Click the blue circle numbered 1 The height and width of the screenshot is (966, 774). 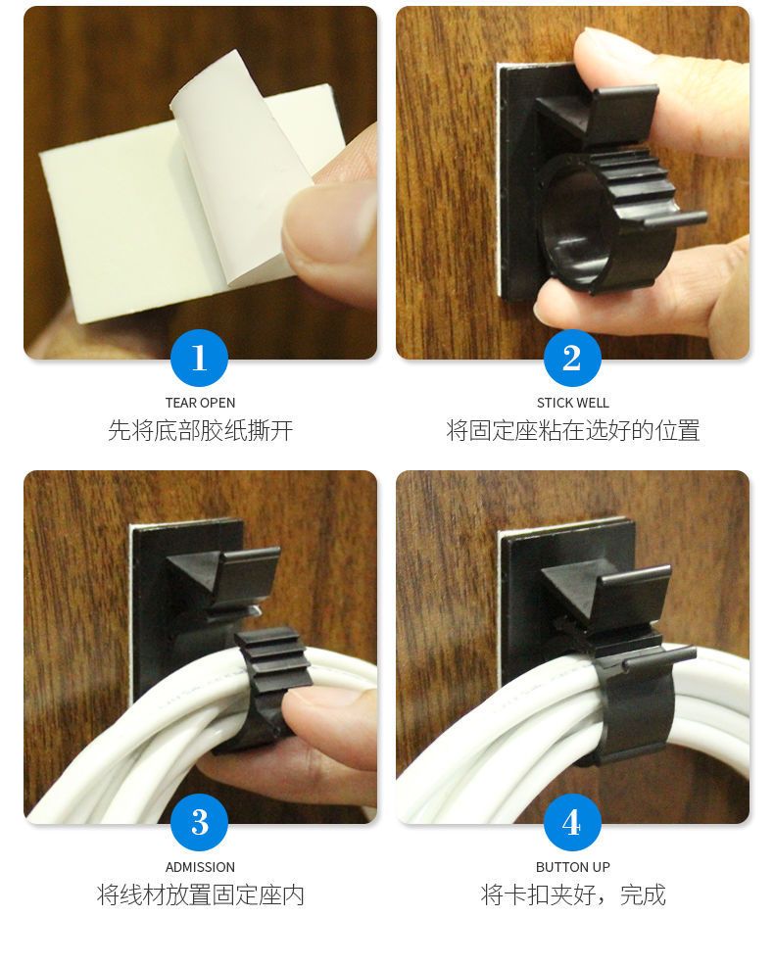199,358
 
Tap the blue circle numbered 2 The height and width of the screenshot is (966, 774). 572,358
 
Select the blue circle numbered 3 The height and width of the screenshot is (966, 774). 199,822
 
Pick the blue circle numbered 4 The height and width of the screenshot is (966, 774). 572,822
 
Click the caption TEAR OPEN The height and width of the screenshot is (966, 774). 200,403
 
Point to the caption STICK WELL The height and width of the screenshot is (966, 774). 572,403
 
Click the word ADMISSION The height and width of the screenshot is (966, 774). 200,867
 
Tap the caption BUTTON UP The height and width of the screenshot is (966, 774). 572,867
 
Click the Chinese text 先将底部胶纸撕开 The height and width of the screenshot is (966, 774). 200,430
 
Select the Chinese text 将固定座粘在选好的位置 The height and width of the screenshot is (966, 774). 572,430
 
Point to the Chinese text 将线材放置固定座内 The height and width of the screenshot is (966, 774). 200,894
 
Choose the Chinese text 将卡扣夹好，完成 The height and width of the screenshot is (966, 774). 572,894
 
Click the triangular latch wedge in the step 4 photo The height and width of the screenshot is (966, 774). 570,589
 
